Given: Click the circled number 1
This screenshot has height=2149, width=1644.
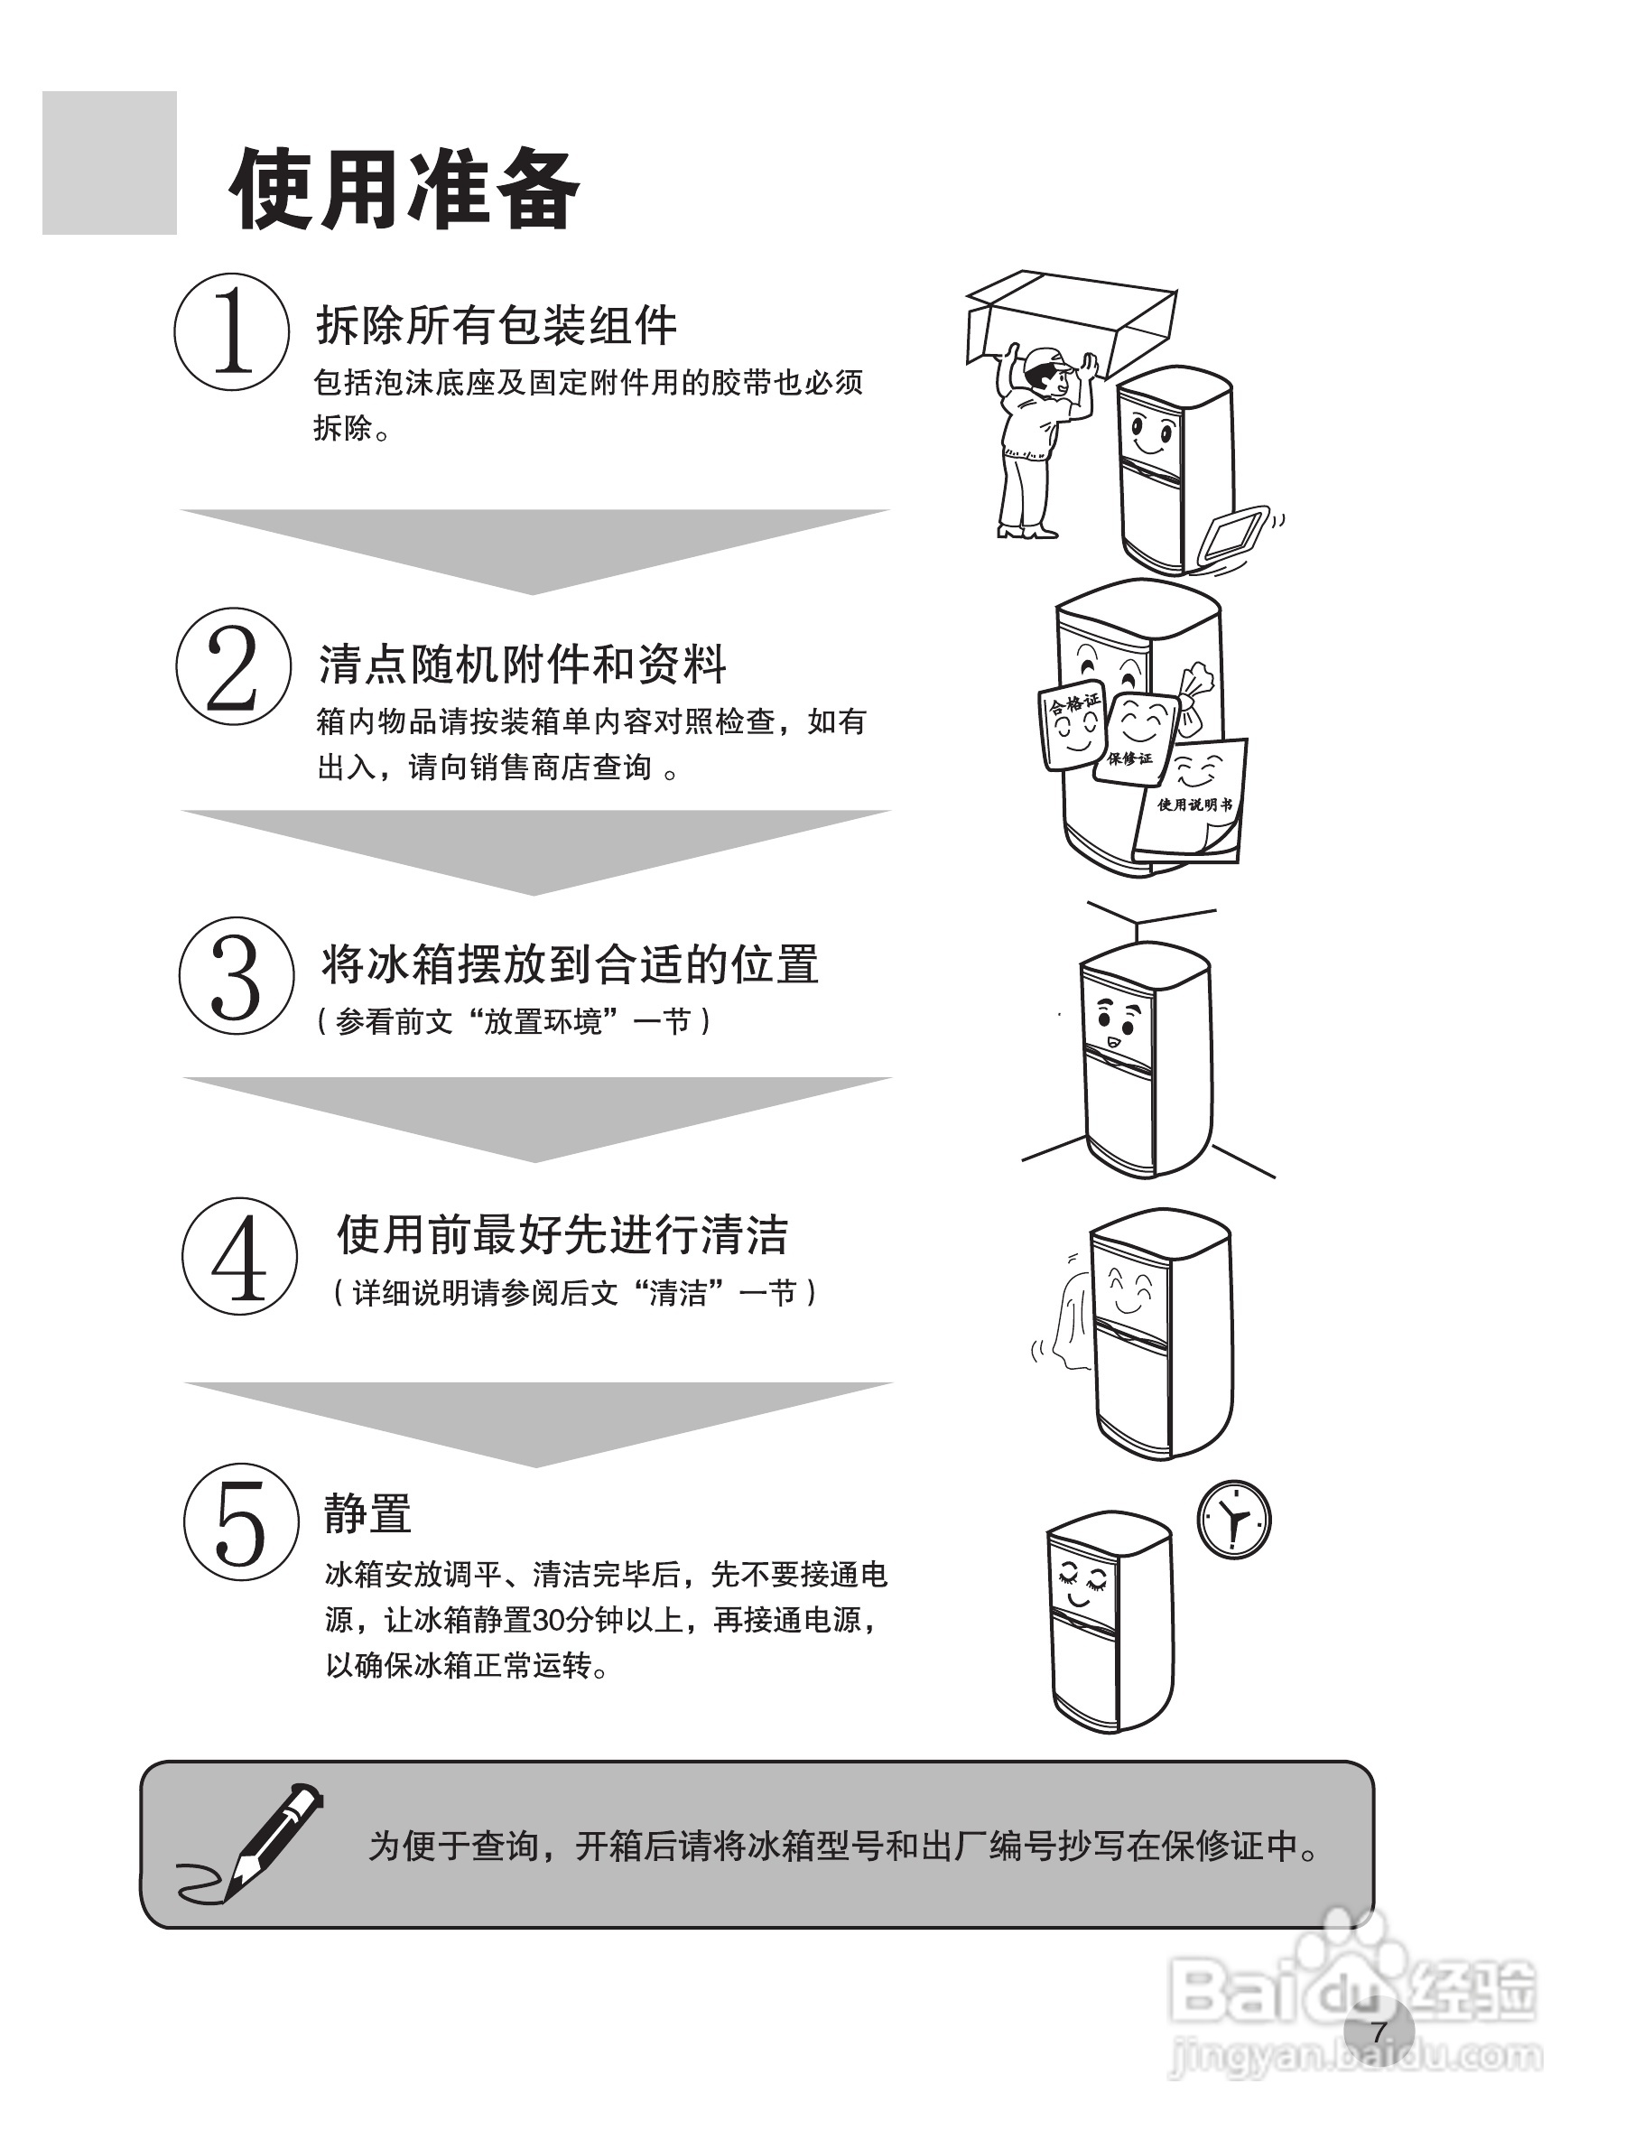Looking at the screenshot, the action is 232,331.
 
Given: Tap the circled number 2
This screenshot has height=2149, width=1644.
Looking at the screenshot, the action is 234,666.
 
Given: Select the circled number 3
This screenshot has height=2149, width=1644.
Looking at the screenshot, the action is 237,976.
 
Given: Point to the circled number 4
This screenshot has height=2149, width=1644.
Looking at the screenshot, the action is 240,1257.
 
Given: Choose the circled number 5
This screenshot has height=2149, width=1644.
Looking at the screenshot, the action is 242,1522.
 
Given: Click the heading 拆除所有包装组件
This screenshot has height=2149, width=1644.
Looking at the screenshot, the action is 497,325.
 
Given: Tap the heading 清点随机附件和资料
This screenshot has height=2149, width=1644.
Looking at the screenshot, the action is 523,665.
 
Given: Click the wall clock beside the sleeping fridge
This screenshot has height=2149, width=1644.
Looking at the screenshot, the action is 1234,1520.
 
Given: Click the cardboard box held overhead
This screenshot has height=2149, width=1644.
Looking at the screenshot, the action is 1072,324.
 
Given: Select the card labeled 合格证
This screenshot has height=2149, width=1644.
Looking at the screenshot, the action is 1073,725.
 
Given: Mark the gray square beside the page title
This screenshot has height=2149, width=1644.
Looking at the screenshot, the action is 109,163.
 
